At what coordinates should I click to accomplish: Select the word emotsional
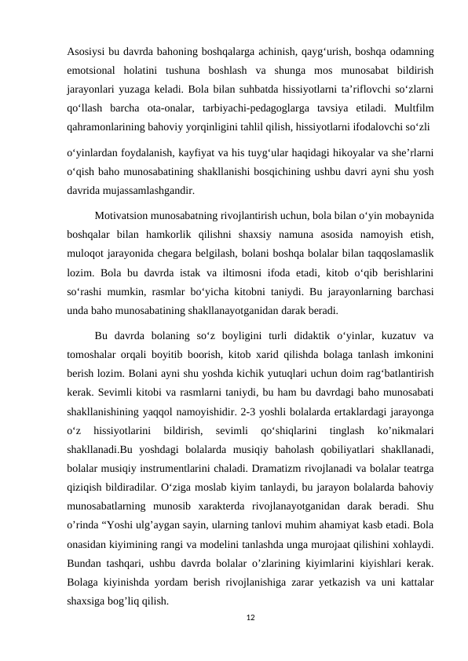(95, 71)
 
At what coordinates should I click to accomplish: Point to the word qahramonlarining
(109, 125)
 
